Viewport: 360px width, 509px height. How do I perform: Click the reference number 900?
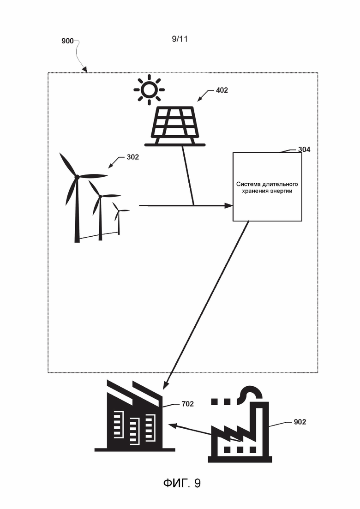pyautogui.click(x=67, y=41)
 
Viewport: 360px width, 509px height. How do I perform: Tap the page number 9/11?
pyautogui.click(x=180, y=39)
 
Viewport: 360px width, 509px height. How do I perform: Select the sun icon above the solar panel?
pyautogui.click(x=150, y=90)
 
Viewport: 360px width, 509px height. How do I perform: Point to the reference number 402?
pyautogui.click(x=222, y=90)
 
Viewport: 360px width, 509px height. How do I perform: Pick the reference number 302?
pyautogui.click(x=132, y=157)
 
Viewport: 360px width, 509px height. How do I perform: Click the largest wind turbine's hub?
pyautogui.click(x=77, y=177)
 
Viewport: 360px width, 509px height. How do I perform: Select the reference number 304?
pyautogui.click(x=304, y=150)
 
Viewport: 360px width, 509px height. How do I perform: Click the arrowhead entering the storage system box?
pyautogui.click(x=229, y=205)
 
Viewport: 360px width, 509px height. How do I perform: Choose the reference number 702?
pyautogui.click(x=188, y=404)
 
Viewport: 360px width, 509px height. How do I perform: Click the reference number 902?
pyautogui.click(x=300, y=422)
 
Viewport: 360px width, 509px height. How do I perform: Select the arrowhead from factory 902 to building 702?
pyautogui.click(x=173, y=426)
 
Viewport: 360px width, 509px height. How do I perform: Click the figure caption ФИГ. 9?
pyautogui.click(x=182, y=483)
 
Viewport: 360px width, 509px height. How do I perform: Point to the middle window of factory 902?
pyautogui.click(x=240, y=449)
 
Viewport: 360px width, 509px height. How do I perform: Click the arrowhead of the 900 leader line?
pyautogui.click(x=85, y=70)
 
